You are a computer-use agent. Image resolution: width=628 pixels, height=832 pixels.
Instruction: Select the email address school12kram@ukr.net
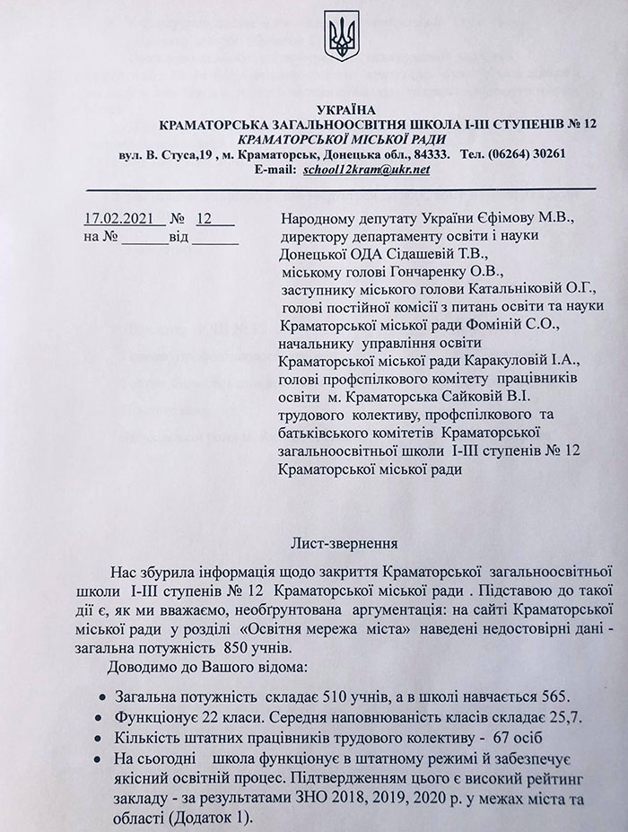click(354, 168)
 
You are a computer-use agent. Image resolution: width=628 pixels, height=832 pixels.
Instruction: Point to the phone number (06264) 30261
click(528, 153)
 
